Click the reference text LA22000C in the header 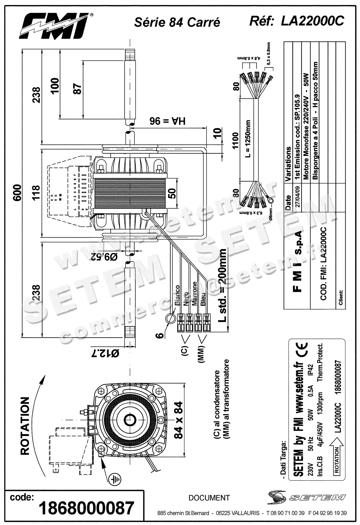point(312,21)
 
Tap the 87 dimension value point(77,89)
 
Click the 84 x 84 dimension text point(178,420)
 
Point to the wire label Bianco point(177,295)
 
